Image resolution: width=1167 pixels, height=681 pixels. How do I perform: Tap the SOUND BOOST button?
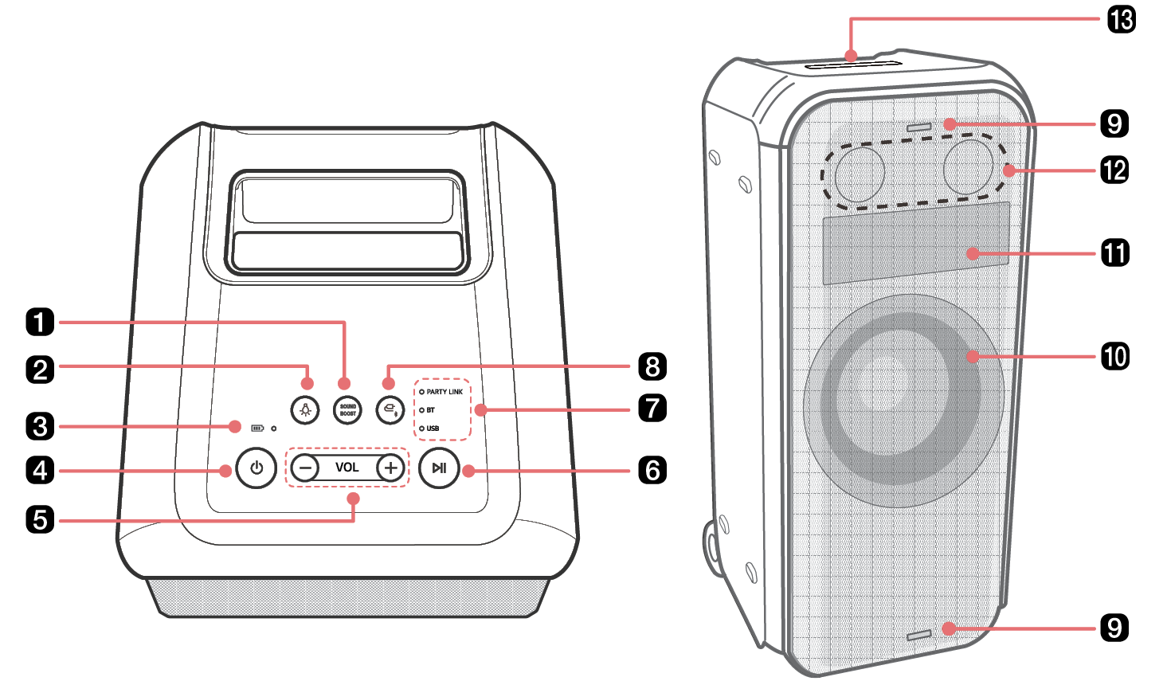click(x=347, y=410)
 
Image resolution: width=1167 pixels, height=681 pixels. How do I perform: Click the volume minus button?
click(x=305, y=468)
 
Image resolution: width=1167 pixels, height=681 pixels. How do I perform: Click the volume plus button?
click(x=390, y=468)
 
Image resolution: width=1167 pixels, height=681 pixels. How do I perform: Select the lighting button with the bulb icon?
click(x=305, y=410)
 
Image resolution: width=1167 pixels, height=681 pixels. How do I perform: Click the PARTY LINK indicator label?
click(x=444, y=392)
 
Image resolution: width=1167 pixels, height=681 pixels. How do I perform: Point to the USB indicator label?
click(x=433, y=429)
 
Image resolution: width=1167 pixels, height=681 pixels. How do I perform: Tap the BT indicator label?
click(x=430, y=410)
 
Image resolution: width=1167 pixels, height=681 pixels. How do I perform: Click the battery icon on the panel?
click(x=257, y=428)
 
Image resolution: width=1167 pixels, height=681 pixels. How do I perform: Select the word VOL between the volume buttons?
click(x=347, y=468)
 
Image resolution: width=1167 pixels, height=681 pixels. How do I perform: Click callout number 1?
click(x=40, y=323)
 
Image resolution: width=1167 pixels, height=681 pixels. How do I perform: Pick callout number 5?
click(x=40, y=520)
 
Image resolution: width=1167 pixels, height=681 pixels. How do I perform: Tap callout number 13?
click(x=1122, y=19)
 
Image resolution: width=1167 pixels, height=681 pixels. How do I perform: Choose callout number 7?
click(x=652, y=408)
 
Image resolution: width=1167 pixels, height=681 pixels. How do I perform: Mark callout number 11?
click(x=1115, y=253)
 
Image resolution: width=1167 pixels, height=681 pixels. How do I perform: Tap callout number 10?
click(x=1115, y=356)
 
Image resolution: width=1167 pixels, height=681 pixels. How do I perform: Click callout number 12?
click(x=1114, y=170)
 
